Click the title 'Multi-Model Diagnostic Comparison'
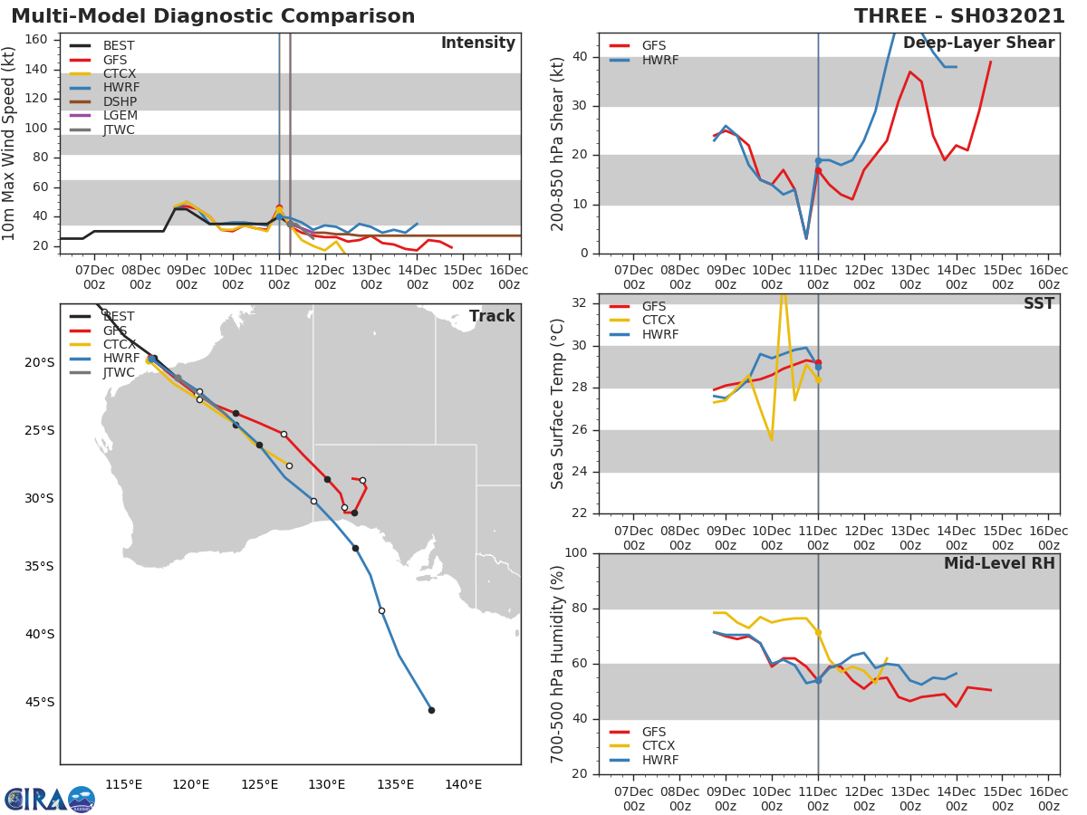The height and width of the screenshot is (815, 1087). click(x=213, y=16)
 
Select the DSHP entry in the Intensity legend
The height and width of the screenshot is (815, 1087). click(x=120, y=101)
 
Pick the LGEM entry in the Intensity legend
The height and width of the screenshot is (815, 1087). click(x=120, y=116)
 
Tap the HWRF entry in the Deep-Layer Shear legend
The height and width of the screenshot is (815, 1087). click(x=659, y=61)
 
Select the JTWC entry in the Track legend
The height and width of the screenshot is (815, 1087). click(x=119, y=373)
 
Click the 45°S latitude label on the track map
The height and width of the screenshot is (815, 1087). click(x=40, y=702)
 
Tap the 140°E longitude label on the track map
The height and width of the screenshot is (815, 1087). click(x=463, y=784)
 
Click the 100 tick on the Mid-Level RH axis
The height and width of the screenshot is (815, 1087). click(x=577, y=553)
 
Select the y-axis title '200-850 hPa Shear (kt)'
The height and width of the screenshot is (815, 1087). click(x=558, y=143)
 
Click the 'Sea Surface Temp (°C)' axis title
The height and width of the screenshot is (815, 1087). click(x=558, y=404)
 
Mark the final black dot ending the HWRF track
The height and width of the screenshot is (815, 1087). click(x=431, y=710)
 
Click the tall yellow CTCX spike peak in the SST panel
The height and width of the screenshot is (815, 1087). click(x=783, y=292)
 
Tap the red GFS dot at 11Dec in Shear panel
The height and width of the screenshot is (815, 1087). click(x=818, y=170)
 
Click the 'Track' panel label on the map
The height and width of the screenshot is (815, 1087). click(x=492, y=316)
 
